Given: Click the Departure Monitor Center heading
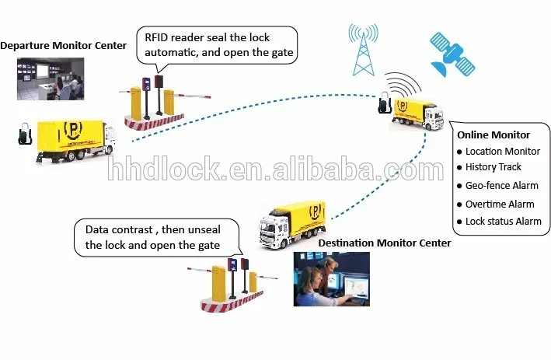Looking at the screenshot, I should [63, 45].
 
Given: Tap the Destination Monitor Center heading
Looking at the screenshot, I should [384, 243].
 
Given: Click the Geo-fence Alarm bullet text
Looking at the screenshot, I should [500, 186].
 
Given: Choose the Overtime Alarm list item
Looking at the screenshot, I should [500, 204].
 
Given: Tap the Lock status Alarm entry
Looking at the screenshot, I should [503, 222].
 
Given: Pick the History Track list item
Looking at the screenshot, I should [493, 167].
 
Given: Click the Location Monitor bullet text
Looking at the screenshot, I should [503, 151].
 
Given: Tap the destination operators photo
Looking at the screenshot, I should [330, 277].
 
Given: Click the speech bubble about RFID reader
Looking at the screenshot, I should [217, 46].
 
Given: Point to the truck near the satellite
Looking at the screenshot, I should [418, 113].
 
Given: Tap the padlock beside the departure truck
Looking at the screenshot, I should [24, 133].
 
